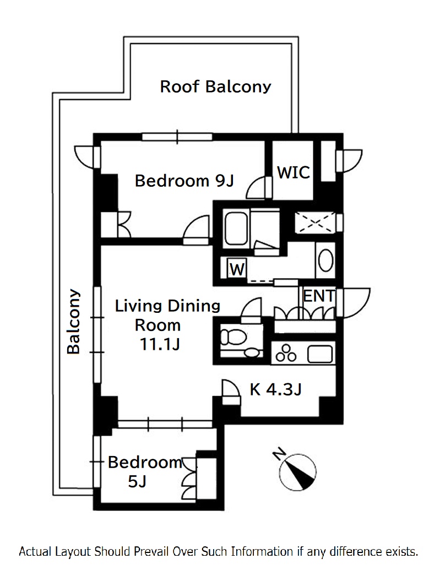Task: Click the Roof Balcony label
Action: (215, 87)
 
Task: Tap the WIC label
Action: (294, 172)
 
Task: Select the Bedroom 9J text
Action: (184, 181)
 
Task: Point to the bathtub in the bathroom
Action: (236, 229)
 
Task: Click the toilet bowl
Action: (233, 337)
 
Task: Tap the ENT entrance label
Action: (319, 296)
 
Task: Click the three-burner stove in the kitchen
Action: (286, 353)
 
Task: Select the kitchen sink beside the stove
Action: (320, 354)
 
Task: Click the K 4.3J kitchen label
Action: (276, 389)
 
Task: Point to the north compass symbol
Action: (298, 473)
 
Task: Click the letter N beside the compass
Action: (279, 454)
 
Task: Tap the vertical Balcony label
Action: (73, 321)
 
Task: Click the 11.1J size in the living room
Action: (160, 344)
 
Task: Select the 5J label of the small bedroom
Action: (137, 481)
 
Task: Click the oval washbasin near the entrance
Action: (325, 261)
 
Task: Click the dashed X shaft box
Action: (316, 222)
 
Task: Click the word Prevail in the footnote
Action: (151, 551)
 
